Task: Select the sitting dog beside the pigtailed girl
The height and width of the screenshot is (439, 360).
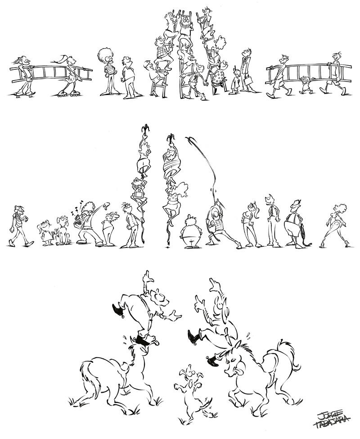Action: tap(61, 231)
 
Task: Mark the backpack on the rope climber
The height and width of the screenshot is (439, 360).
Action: tap(138, 193)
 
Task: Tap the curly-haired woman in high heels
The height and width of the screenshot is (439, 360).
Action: tap(336, 225)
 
